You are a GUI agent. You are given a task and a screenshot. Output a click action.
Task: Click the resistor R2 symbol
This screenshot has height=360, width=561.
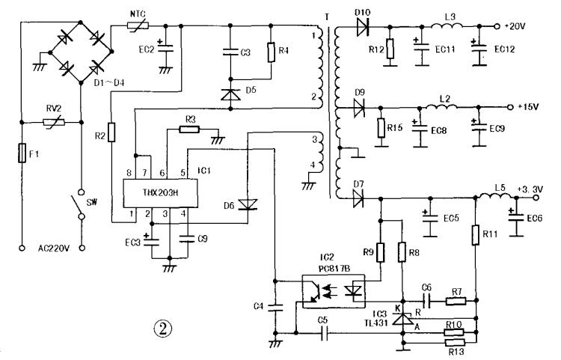pyautogui.click(x=111, y=132)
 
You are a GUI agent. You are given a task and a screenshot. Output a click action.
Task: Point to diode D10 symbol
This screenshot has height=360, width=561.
pyautogui.click(x=364, y=28)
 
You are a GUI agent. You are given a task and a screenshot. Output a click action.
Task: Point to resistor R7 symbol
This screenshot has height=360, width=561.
pyautogui.click(x=456, y=302)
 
